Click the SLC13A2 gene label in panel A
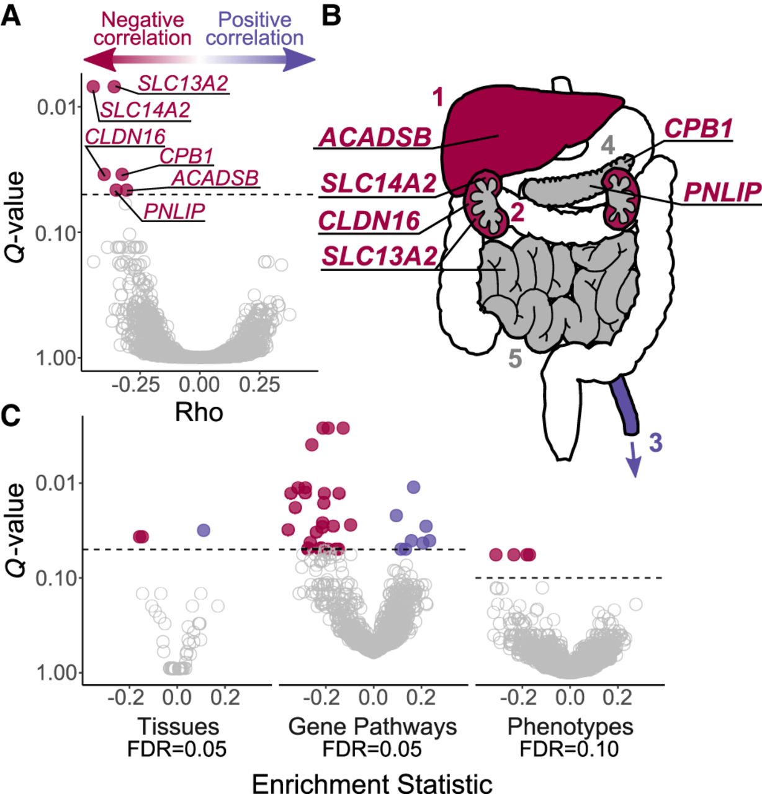(x=183, y=84)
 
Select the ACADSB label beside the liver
(x=375, y=138)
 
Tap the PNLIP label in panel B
(x=722, y=192)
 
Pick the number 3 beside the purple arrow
(x=655, y=443)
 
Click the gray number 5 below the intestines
(x=515, y=359)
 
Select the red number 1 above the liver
(x=438, y=97)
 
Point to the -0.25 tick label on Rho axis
(x=136, y=385)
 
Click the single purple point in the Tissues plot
(x=204, y=530)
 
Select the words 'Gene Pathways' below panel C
(x=373, y=726)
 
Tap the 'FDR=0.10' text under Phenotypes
(x=570, y=749)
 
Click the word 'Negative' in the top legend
(x=143, y=20)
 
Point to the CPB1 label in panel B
(x=698, y=128)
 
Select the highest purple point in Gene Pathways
(x=413, y=486)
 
